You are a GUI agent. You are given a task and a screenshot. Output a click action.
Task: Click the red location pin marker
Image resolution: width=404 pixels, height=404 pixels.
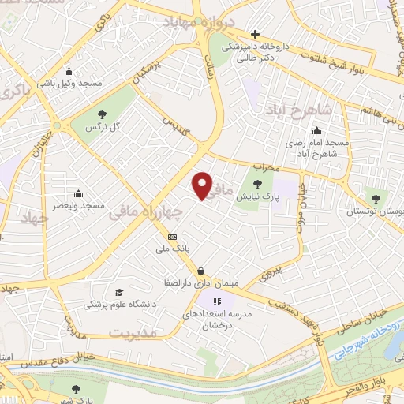[x=203, y=185]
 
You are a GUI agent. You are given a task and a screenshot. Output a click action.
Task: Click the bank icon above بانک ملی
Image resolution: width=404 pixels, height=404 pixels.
[x=172, y=237]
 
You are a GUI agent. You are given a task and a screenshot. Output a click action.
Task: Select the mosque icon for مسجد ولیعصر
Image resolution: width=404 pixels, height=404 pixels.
[x=78, y=193]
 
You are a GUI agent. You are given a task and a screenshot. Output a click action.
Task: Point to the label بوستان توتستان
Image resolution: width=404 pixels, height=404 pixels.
[x=375, y=211]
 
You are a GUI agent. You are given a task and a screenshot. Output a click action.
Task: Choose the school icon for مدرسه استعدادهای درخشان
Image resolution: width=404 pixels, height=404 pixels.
[x=219, y=301]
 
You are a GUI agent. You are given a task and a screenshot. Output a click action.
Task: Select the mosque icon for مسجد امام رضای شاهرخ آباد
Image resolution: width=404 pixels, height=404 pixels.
[x=317, y=131]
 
